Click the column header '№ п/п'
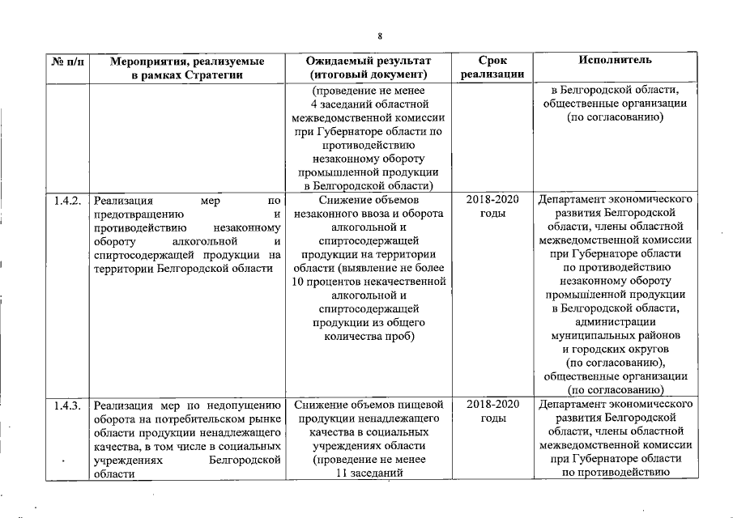pyautogui.click(x=66, y=62)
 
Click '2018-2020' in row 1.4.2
pyautogui.click(x=492, y=199)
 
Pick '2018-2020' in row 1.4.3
pyautogui.click(x=492, y=404)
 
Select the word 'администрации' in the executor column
pyautogui.click(x=616, y=321)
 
